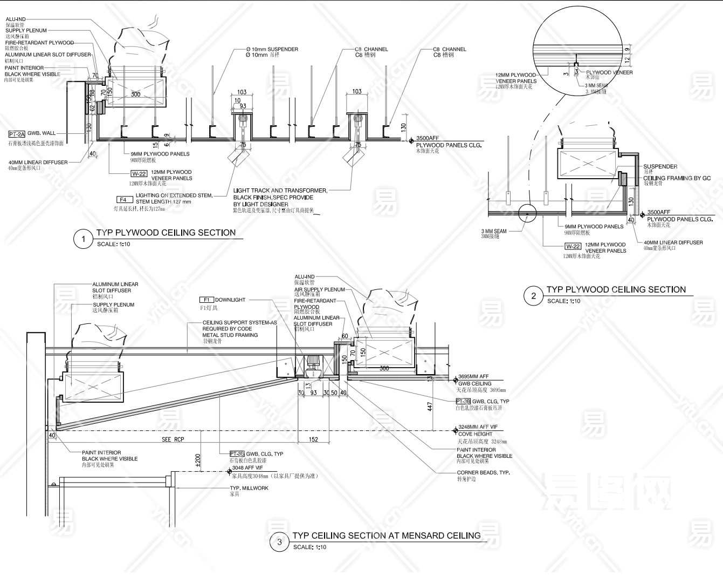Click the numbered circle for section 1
pyautogui.click(x=83, y=239)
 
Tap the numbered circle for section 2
pyautogui.click(x=534, y=296)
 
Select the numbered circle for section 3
pyautogui.click(x=279, y=542)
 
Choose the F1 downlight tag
pyautogui.click(x=206, y=300)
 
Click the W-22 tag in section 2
pyautogui.click(x=573, y=246)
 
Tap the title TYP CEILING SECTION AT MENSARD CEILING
pyautogui.click(x=387, y=536)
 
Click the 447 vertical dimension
pyautogui.click(x=430, y=406)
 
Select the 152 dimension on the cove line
pyautogui.click(x=313, y=439)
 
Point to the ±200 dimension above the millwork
pyautogui.click(x=197, y=459)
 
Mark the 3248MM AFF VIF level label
pyautogui.click(x=477, y=427)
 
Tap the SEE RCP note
pyautogui.click(x=173, y=439)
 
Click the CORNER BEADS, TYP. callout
pyautogui.click(x=483, y=473)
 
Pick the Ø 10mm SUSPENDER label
pyautogui.click(x=272, y=49)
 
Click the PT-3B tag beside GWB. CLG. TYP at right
pyautogui.click(x=463, y=402)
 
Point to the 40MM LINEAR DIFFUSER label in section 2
pyautogui.click(x=673, y=242)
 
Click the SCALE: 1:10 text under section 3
pyautogui.click(x=309, y=547)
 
